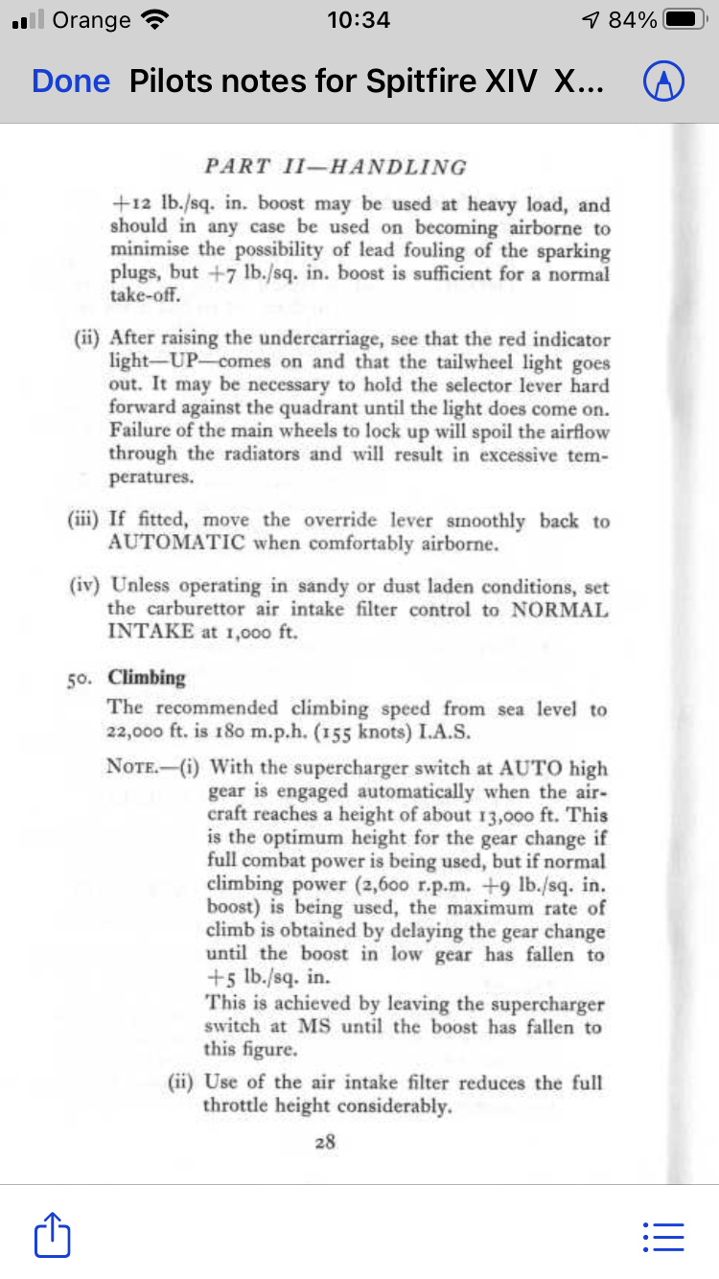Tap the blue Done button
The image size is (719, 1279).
71,81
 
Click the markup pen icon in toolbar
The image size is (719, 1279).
663,83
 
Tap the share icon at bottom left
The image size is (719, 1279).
53,1236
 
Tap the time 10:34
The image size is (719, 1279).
359,20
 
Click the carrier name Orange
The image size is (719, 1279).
92,20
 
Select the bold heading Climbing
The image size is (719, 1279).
147,678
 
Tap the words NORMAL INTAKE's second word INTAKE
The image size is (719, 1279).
151,633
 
